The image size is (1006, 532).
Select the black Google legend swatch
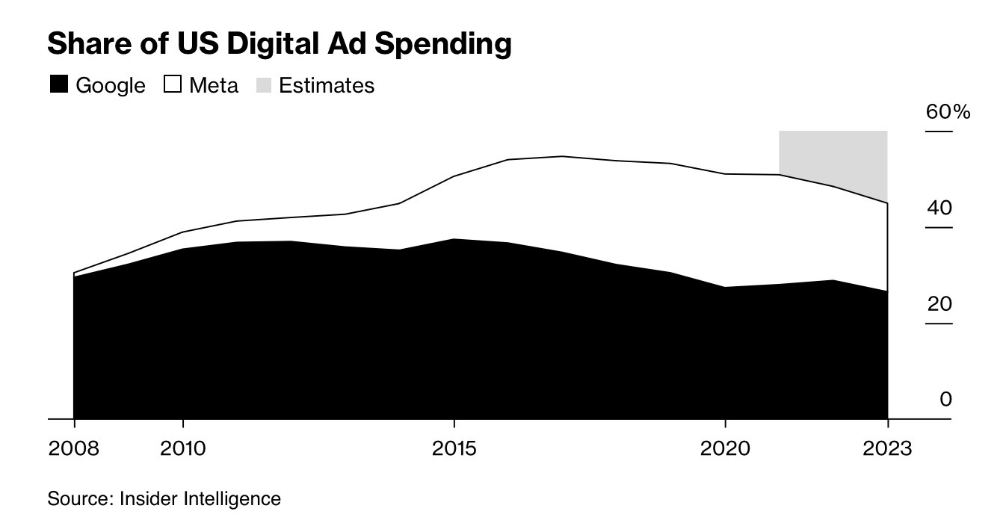pyautogui.click(x=59, y=84)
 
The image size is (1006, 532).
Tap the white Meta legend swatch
pyautogui.click(x=173, y=84)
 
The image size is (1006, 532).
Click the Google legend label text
pyautogui.click(x=111, y=85)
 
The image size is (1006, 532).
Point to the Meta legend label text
pyautogui.click(x=214, y=85)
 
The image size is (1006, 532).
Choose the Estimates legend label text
pyautogui.click(x=327, y=85)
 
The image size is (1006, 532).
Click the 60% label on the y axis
pyautogui.click(x=948, y=112)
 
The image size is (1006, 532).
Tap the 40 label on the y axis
pyautogui.click(x=939, y=207)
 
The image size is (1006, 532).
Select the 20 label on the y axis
pyautogui.click(x=939, y=303)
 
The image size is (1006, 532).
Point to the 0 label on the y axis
pyautogui.click(x=945, y=399)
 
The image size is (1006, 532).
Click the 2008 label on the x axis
pyautogui.click(x=73, y=448)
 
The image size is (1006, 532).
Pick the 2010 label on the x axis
pyautogui.click(x=183, y=448)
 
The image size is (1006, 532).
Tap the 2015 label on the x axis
pyautogui.click(x=454, y=448)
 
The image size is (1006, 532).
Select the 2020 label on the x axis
pyautogui.click(x=724, y=448)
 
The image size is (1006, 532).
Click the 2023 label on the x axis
pyautogui.click(x=887, y=448)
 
